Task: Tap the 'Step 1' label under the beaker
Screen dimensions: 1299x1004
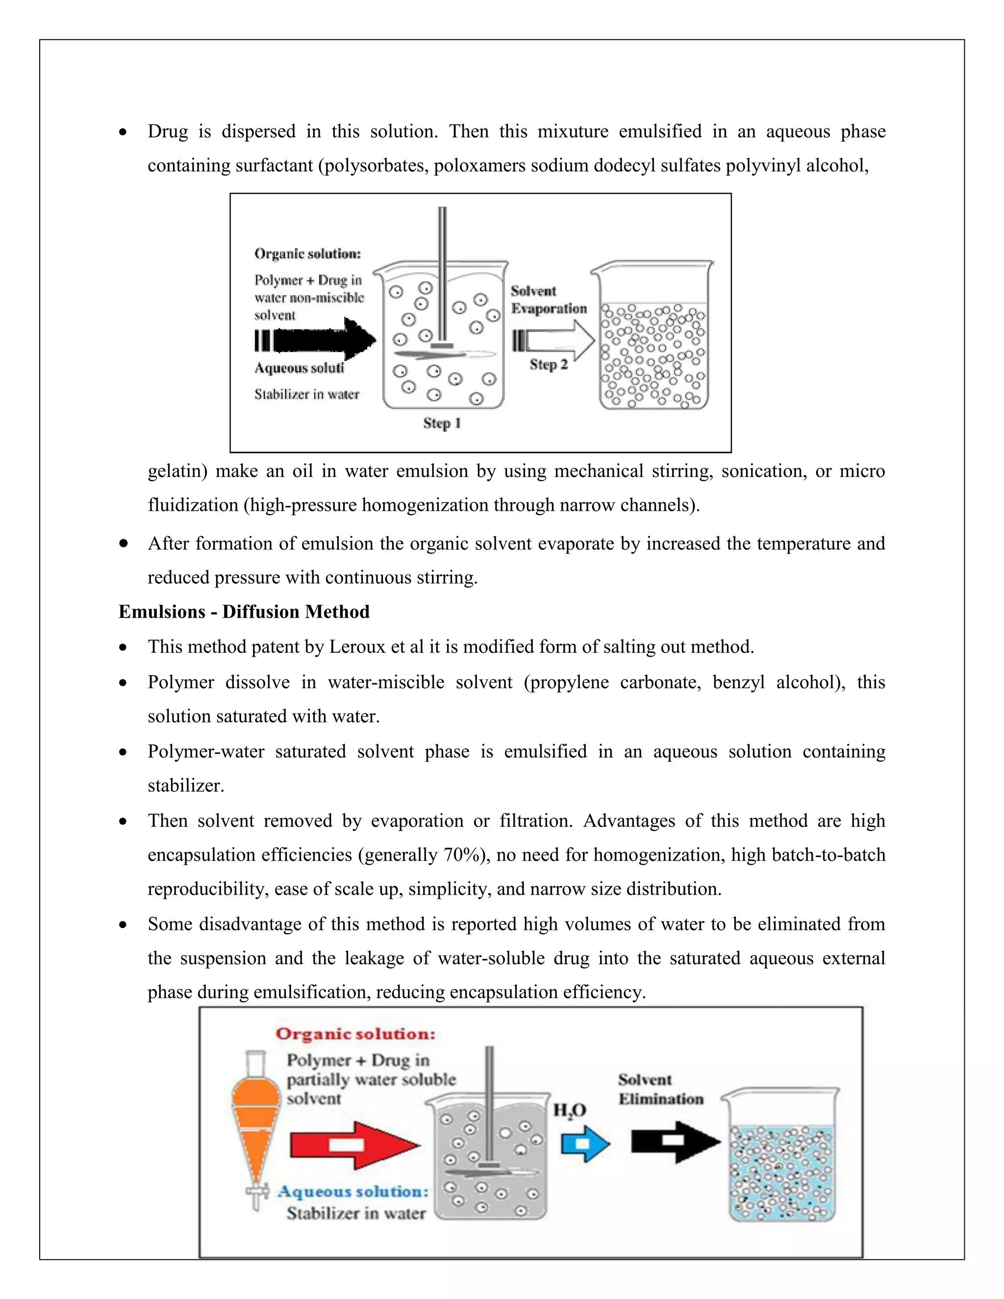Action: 441,424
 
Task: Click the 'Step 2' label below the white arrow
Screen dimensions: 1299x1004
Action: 549,365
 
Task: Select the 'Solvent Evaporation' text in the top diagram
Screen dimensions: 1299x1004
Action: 549,300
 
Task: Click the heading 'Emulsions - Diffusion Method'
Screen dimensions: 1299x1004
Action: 244,612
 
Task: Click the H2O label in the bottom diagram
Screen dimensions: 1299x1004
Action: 570,1110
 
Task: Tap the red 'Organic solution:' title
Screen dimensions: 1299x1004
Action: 355,1034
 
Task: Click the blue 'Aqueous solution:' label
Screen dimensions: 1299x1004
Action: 353,1191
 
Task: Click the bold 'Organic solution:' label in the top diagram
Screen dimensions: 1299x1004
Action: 307,254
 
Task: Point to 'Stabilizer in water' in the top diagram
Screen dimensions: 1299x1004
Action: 307,394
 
